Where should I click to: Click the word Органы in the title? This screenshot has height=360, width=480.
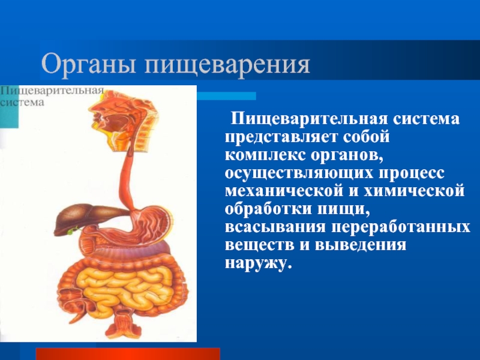88,65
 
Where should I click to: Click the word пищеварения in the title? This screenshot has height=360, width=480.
227,65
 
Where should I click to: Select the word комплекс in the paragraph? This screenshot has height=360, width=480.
265,155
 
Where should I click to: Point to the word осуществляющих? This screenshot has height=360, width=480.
299,173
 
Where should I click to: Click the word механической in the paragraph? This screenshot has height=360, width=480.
284,191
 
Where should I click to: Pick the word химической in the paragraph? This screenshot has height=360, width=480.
414,191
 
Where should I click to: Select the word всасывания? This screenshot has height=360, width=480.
275,227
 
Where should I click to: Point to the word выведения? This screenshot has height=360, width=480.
361,245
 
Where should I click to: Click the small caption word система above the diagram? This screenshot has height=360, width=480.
22,102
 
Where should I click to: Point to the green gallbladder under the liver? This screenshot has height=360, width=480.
73,230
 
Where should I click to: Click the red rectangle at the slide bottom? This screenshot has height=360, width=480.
128,354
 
